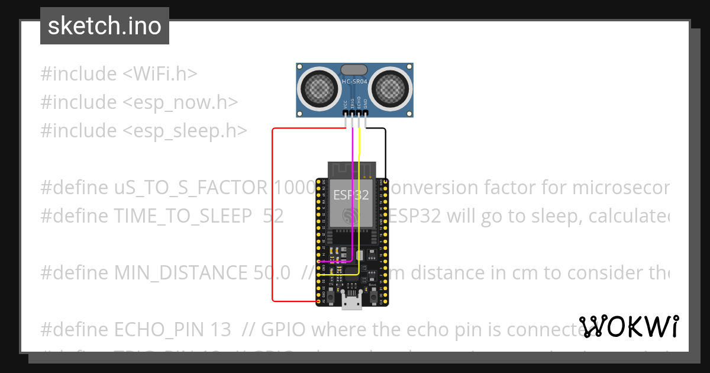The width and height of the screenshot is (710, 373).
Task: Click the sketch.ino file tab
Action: click(104, 26)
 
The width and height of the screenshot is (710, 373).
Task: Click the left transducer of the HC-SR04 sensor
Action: click(319, 88)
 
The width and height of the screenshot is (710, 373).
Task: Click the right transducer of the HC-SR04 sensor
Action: click(390, 88)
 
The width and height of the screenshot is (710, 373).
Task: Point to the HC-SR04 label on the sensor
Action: click(355, 80)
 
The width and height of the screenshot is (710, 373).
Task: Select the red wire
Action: click(272, 213)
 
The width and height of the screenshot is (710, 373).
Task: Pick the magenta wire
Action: click(353, 195)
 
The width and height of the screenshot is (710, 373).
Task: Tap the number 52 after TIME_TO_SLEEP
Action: click(273, 216)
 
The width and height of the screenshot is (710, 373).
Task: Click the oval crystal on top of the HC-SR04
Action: click(354, 70)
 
